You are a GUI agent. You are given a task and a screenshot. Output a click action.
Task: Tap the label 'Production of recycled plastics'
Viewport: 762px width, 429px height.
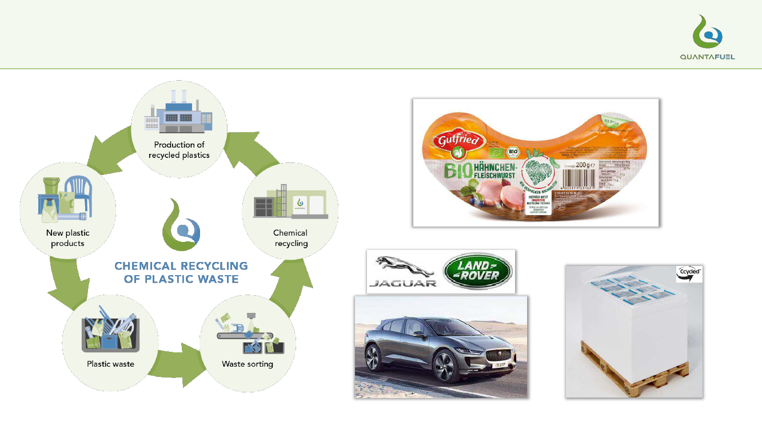(x=179, y=150)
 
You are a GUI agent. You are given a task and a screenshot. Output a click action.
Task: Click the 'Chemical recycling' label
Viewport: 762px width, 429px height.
(x=290, y=238)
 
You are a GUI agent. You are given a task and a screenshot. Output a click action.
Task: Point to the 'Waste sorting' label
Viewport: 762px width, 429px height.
(x=248, y=364)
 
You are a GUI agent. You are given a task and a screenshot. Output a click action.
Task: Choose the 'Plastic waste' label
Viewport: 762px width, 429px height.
(x=110, y=364)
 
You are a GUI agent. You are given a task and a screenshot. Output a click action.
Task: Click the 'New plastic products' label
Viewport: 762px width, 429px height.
(x=67, y=238)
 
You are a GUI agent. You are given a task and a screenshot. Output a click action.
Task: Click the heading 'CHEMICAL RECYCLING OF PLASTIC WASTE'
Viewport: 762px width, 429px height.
(x=181, y=273)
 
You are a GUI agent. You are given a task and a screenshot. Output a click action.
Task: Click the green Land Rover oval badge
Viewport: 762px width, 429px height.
(x=477, y=271)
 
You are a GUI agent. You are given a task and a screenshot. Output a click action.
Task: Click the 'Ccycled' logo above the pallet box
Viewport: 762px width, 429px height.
(x=689, y=273)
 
